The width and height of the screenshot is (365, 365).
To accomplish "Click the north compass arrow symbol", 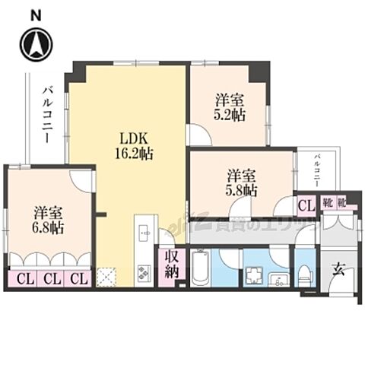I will click(36, 44).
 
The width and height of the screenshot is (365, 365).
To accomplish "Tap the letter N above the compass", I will click(36, 14).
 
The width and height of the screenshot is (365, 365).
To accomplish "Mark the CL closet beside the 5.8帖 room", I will click(305, 204).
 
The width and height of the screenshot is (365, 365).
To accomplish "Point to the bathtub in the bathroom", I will click(200, 268).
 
